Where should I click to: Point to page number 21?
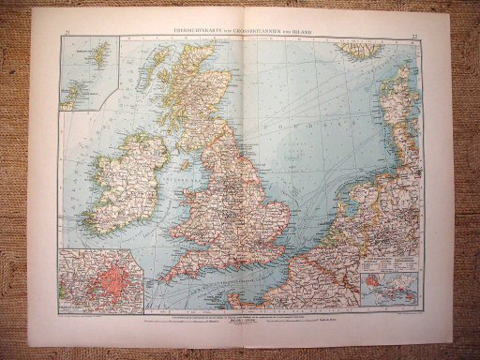click(67, 35)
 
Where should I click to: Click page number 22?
click(413, 35)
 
